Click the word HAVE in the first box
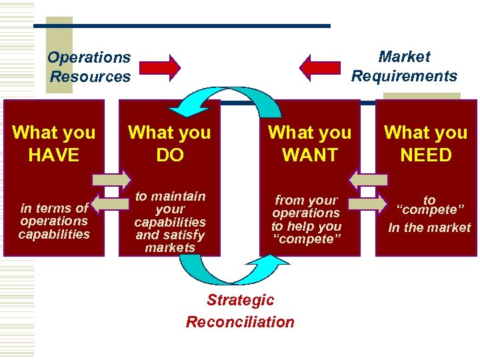(x=54, y=155)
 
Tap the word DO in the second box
(x=169, y=155)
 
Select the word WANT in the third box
(x=309, y=155)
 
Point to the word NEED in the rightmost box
(x=426, y=155)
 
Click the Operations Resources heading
(x=89, y=67)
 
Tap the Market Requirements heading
(x=404, y=67)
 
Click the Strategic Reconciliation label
(x=240, y=311)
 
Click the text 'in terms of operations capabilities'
(x=54, y=221)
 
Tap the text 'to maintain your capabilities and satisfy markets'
(x=170, y=222)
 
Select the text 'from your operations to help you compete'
(x=307, y=219)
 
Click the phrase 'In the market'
(x=429, y=228)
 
